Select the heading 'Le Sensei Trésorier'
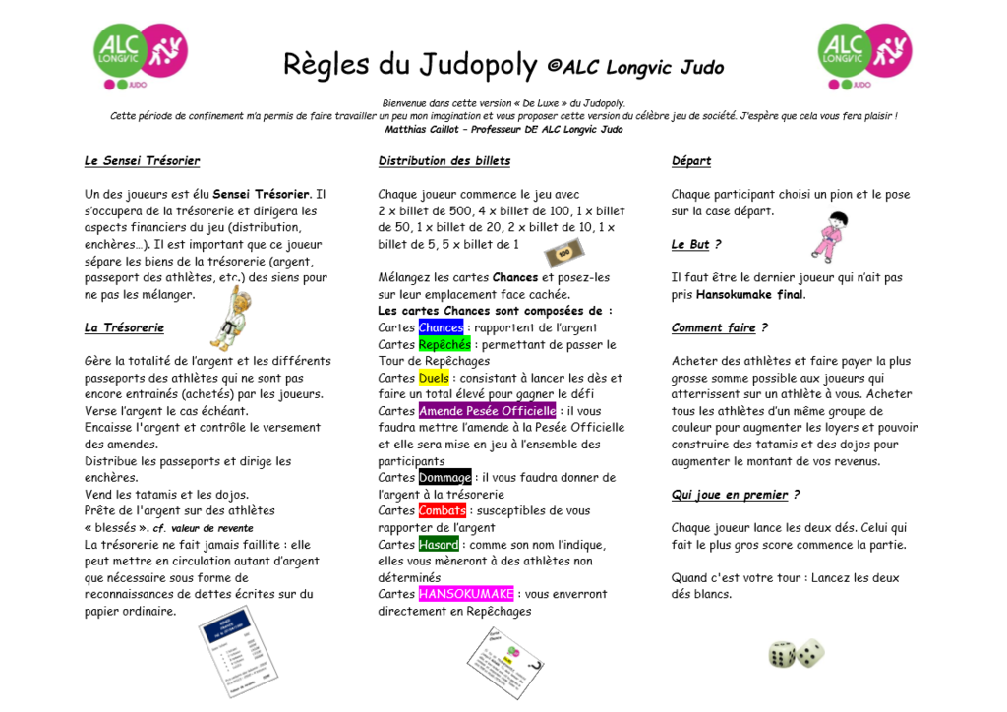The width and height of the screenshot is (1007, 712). pos(142,161)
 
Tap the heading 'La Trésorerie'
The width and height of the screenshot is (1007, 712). pos(124,328)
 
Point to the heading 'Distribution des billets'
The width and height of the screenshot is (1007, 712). pos(444,161)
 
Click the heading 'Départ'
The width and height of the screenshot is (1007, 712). pos(691,161)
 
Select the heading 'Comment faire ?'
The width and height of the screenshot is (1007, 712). pos(719,328)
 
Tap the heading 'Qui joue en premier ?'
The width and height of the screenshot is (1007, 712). pos(736,495)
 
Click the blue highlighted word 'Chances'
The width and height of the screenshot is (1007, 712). pos(441,328)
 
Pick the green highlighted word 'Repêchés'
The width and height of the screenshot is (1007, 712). pos(444,345)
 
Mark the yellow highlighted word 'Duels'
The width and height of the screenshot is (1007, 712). pos(434,378)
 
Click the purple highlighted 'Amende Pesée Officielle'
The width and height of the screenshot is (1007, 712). pos(488,411)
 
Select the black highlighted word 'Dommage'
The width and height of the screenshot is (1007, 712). pos(444,478)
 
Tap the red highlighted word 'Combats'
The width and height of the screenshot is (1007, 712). pos(443,511)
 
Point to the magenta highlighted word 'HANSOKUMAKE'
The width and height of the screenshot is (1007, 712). pos(466,594)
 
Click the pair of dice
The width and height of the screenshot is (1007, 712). pos(796,654)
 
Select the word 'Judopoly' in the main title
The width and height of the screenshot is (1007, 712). pos(478,65)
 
